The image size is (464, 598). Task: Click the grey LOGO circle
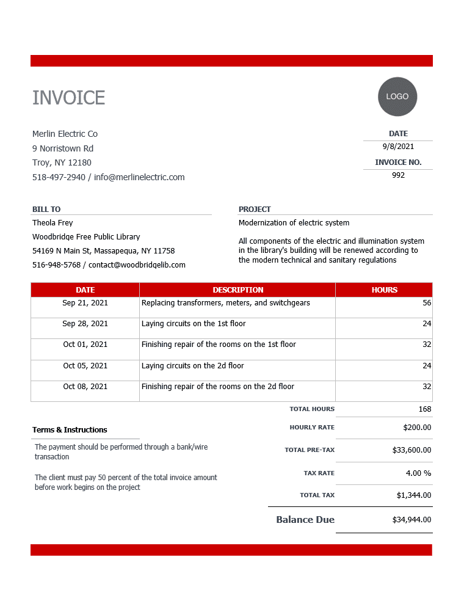397,97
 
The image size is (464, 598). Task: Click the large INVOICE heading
68,98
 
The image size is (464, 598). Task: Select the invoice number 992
398,175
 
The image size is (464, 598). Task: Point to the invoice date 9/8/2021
398,147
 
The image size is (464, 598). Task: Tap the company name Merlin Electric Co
65,134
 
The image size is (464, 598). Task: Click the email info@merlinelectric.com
139,177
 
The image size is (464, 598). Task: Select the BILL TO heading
46,209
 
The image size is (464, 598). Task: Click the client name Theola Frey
53,223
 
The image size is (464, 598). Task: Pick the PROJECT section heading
255,209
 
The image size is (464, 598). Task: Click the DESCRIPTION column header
238,290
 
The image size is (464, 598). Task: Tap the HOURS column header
384,290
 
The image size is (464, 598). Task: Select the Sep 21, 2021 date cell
85,303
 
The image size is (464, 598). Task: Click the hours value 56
426,303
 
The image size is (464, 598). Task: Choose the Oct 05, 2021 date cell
85,366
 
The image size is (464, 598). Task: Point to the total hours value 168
425,409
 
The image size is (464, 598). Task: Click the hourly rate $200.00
417,428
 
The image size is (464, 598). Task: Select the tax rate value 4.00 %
418,473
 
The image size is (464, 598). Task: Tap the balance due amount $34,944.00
411,520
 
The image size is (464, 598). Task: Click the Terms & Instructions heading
70,430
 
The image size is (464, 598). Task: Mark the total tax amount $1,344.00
413,495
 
